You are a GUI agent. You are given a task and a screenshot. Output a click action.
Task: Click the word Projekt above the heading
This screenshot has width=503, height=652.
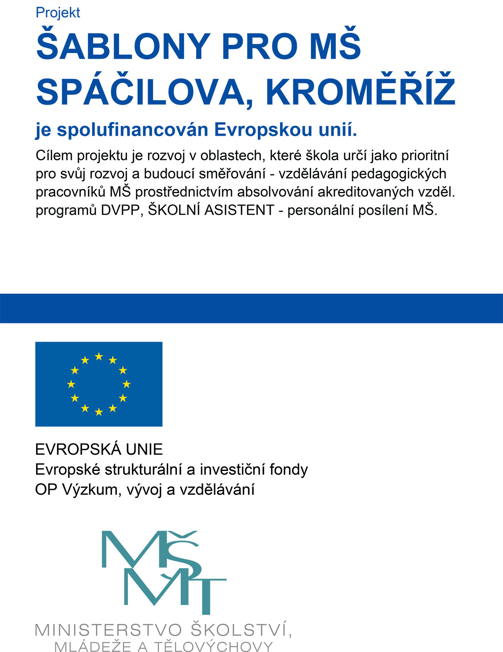(58, 13)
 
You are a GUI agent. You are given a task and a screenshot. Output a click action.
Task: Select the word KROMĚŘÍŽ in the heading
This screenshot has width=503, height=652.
(360, 92)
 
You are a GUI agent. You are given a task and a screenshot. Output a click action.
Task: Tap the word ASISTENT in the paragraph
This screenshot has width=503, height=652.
(239, 210)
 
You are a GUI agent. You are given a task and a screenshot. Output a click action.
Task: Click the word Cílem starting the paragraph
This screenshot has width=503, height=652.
(52, 155)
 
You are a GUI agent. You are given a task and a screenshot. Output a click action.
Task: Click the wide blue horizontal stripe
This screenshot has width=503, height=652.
(251, 308)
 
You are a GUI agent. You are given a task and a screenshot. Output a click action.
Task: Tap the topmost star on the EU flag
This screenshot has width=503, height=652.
(99, 356)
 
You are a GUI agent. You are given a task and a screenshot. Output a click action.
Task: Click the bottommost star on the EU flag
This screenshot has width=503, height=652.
(99, 412)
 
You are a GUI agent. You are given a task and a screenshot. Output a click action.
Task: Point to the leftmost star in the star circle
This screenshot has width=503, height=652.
(71, 384)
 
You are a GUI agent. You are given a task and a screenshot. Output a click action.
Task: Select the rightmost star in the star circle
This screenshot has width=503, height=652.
(127, 384)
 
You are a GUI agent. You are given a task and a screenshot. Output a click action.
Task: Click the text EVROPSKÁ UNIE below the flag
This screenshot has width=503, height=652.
(99, 450)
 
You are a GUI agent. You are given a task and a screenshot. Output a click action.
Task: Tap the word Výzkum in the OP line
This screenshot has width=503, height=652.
(90, 489)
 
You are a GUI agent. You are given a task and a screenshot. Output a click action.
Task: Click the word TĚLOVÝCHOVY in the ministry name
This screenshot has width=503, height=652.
(214, 646)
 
